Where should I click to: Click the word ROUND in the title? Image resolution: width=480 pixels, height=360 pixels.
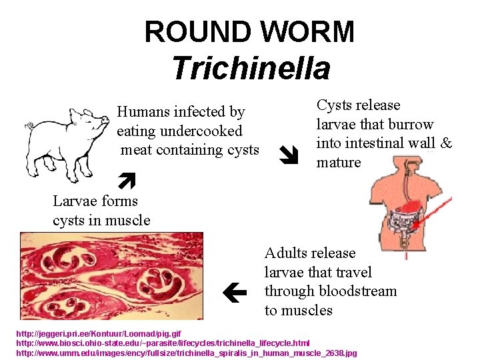(x=196, y=32)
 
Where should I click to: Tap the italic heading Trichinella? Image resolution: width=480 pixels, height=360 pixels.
(x=250, y=68)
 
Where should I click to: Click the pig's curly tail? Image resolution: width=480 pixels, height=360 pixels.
(x=30, y=125)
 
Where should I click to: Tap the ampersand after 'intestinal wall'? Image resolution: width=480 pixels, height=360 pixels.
(x=447, y=143)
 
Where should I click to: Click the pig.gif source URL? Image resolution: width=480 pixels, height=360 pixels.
(x=98, y=333)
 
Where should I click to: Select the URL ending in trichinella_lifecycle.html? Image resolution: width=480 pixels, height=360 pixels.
(x=163, y=343)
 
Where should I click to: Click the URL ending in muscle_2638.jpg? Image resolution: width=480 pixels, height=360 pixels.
(x=187, y=352)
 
